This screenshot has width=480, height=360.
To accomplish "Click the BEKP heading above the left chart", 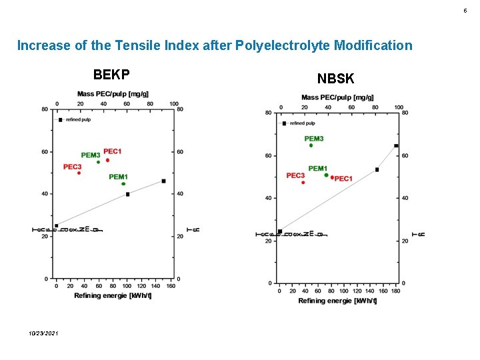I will [x=111, y=73].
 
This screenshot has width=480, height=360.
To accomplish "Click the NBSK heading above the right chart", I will [x=335, y=79].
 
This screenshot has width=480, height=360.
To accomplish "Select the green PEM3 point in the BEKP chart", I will [x=98, y=162].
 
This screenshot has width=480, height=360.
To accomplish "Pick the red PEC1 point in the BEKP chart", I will [x=107, y=160].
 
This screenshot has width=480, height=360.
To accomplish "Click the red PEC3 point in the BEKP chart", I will [x=79, y=173].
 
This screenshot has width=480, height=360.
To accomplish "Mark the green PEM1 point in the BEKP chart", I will [x=123, y=184].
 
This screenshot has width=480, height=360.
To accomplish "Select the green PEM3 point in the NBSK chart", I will [x=311, y=145].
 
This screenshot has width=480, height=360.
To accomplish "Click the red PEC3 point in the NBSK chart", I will [x=303, y=183].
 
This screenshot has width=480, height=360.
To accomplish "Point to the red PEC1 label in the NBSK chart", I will [x=343, y=179].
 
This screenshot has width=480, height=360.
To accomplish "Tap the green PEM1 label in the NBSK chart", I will [x=317, y=169].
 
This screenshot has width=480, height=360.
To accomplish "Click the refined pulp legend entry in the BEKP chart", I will [x=78, y=120].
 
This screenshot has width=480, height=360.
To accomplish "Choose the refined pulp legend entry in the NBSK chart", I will [x=301, y=123].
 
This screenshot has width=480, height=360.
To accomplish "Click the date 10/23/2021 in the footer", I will [x=43, y=333].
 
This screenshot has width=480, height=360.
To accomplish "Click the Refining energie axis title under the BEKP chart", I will [x=113, y=295].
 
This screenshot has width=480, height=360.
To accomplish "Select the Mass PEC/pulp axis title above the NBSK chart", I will [x=337, y=97].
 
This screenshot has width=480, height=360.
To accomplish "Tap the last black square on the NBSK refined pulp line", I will [x=396, y=146].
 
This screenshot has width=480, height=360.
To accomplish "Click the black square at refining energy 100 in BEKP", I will [x=128, y=194].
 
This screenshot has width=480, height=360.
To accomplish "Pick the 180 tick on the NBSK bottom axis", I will [x=395, y=291].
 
